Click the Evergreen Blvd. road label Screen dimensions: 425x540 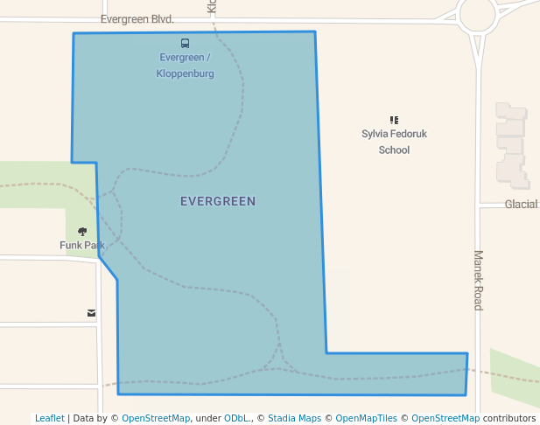[x=137, y=18]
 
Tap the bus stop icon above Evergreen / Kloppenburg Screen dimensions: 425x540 [x=185, y=43]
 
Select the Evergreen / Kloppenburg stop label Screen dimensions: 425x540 [x=185, y=66]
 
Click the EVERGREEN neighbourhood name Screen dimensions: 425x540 [x=218, y=201]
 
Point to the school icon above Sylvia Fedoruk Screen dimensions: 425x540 [x=394, y=120]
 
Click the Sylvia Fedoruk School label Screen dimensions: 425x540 [x=394, y=142]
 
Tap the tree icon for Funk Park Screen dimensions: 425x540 [x=82, y=232]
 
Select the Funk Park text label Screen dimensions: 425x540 [x=81, y=245]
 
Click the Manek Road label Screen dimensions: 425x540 [x=479, y=280]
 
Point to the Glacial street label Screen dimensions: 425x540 [x=522, y=204]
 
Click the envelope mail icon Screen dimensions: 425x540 [x=91, y=312]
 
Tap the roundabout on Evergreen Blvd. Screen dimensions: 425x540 [x=477, y=15]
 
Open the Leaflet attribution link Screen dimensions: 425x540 [x=49, y=418]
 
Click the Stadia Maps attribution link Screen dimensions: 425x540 [x=294, y=418]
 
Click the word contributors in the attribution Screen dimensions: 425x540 [x=509, y=418]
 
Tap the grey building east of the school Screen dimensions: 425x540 [x=512, y=144]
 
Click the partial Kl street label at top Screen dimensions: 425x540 [x=211, y=6]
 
